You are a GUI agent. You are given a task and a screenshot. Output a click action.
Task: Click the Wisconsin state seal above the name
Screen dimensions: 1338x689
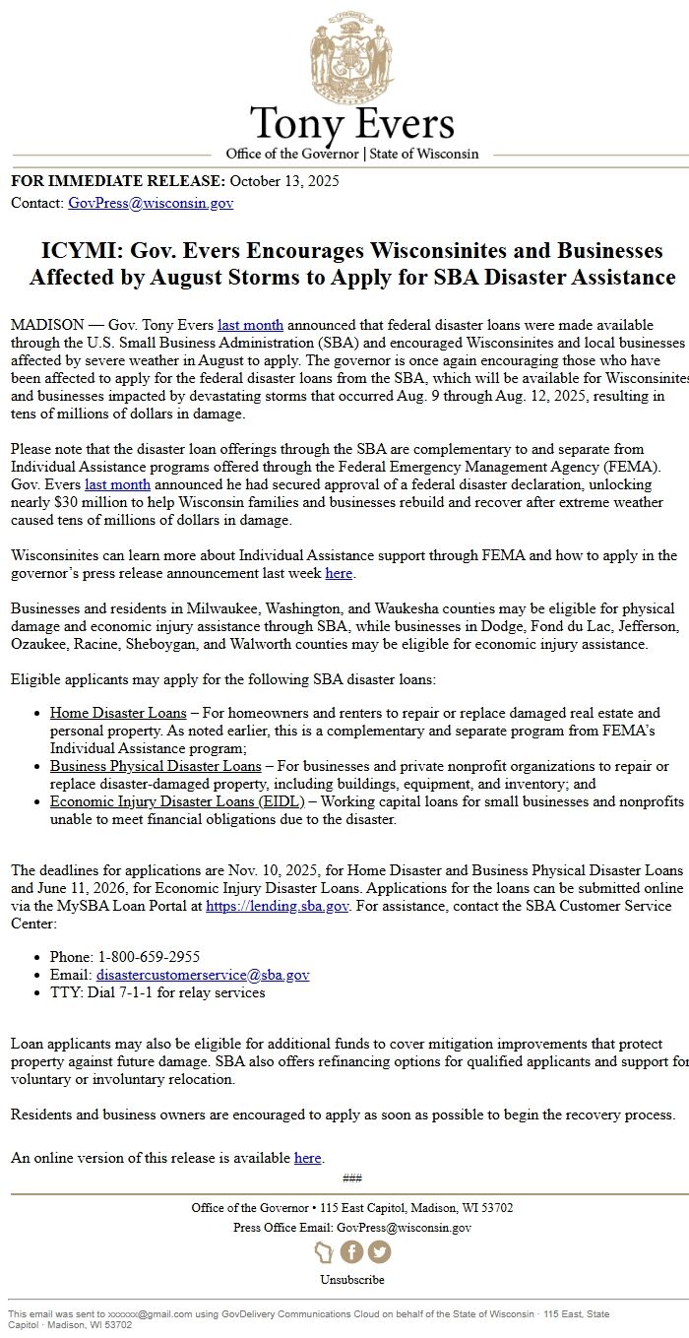click(x=351, y=54)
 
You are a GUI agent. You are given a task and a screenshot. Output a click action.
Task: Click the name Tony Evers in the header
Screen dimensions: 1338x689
click(x=351, y=125)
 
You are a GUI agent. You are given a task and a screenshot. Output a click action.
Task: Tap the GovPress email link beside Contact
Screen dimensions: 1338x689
click(x=151, y=204)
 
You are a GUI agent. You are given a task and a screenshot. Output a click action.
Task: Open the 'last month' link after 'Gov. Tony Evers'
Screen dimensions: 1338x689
click(x=250, y=325)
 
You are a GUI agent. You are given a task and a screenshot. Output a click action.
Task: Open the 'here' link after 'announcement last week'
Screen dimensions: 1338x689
click(x=339, y=573)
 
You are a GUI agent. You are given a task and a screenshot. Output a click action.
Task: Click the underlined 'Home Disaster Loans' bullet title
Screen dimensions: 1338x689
click(x=118, y=713)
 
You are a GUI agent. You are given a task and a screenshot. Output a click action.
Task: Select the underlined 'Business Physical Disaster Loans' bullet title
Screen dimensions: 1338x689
click(x=156, y=766)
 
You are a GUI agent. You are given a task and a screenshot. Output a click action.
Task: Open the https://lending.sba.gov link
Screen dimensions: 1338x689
click(x=278, y=906)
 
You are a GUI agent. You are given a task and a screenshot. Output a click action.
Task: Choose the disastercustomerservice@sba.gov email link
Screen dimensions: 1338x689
click(x=203, y=975)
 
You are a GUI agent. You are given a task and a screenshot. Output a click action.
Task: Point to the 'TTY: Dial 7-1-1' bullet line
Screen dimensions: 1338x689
click(x=157, y=992)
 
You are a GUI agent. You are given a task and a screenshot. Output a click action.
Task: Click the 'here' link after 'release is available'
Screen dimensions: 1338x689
click(x=308, y=1158)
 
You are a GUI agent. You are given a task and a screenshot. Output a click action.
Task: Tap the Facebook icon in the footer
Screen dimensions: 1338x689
click(x=352, y=1251)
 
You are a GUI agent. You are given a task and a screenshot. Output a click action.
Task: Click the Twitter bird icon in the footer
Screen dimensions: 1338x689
click(x=379, y=1251)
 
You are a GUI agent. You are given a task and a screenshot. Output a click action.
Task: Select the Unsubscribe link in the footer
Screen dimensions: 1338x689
click(x=351, y=1280)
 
